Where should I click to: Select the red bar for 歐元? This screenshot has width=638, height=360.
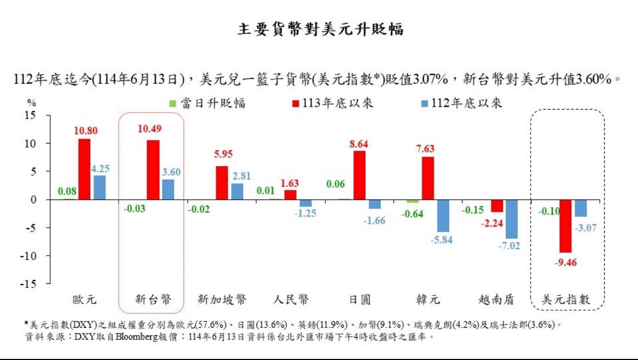tap(85, 169)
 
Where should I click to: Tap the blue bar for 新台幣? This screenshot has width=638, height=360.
tap(168, 190)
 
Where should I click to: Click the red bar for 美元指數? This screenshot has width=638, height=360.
tap(566, 226)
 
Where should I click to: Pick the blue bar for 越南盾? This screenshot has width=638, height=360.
tap(512, 219)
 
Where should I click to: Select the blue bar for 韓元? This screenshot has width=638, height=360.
tap(443, 216)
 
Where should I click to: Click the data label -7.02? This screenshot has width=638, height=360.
tap(512, 246)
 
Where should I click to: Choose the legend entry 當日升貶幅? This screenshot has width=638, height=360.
tap(207, 103)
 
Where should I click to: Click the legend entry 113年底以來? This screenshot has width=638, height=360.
tap(332, 103)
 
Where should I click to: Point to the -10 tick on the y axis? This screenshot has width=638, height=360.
tap(31, 256)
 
